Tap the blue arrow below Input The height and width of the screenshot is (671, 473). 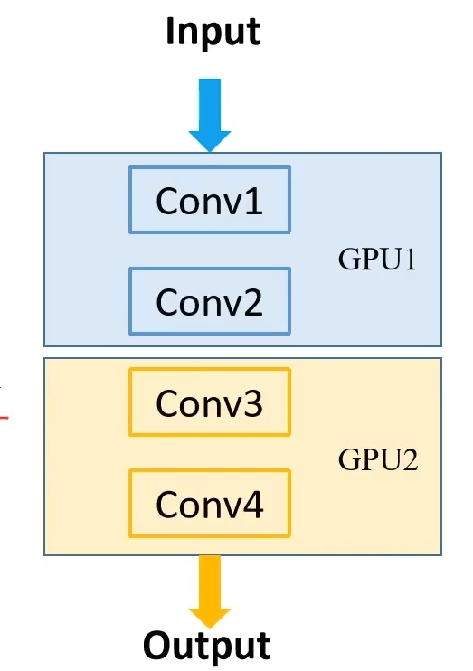click(x=210, y=114)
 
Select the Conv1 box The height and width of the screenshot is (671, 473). click(x=210, y=200)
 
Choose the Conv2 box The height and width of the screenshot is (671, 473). click(x=210, y=301)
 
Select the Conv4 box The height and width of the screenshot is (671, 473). click(x=210, y=503)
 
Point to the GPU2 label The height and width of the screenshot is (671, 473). click(x=378, y=460)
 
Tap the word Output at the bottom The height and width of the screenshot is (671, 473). click(x=207, y=646)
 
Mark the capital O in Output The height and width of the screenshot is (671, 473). click(x=158, y=646)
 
